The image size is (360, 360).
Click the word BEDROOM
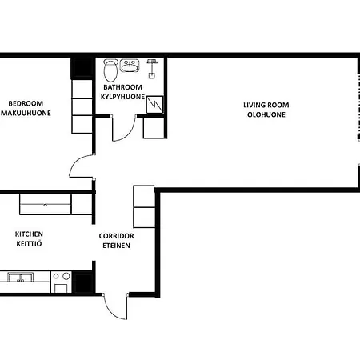click(26, 103)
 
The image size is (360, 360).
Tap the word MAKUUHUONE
click(26, 113)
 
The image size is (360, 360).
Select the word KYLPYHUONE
click(122, 97)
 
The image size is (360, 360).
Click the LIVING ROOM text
click(266, 105)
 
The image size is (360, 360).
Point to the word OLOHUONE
click(266, 114)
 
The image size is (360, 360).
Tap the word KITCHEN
click(29, 234)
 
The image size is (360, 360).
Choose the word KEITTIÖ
click(29, 244)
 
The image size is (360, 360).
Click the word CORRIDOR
click(116, 236)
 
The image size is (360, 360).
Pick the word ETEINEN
click(116, 246)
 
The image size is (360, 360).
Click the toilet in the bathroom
click(110, 70)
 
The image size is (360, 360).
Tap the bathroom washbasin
click(130, 66)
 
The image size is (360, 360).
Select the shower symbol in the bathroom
click(152, 69)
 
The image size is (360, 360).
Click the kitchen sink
click(20, 278)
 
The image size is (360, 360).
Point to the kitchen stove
click(61, 282)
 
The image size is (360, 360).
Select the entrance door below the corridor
click(115, 306)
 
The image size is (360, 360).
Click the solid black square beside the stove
click(83, 282)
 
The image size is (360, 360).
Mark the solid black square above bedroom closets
click(82, 68)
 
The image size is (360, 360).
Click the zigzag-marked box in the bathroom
click(154, 105)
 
